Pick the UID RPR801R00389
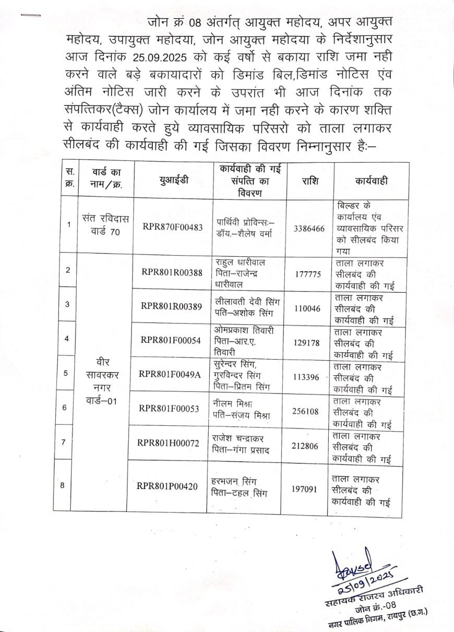coord(171,306)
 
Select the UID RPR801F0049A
coord(170,374)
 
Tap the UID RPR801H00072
coord(169,443)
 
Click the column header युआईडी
coord(174,181)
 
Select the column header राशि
coord(310,181)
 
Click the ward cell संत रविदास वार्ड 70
coord(105,224)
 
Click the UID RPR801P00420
coord(168,486)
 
